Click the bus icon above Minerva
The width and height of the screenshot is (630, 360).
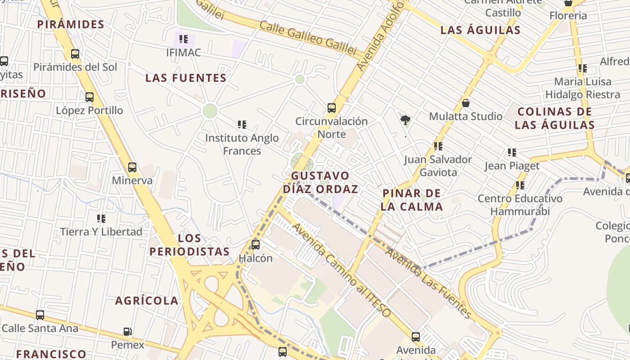pyautogui.click(x=132, y=167)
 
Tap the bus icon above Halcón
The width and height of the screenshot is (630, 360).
pyautogui.click(x=256, y=245)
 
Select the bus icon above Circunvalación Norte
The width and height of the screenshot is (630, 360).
pyautogui.click(x=332, y=108)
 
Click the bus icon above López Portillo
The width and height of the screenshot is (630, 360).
pyautogui.click(x=90, y=97)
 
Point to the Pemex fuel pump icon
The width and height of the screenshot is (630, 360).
pyautogui.click(x=128, y=332)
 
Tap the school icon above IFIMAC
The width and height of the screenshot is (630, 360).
pyautogui.click(x=183, y=39)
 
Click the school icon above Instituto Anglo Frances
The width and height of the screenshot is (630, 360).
pyautogui.click(x=242, y=124)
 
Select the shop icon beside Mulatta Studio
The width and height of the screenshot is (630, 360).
pyautogui.click(x=466, y=103)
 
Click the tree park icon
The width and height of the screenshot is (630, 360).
pyautogui.click(x=405, y=120)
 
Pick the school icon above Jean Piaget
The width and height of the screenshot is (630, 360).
pyautogui.click(x=512, y=153)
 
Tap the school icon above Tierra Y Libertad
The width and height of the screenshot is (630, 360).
pyautogui.click(x=101, y=219)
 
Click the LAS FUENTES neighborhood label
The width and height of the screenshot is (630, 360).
pyautogui.click(x=186, y=78)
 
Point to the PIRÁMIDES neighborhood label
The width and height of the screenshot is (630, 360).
pyautogui.click(x=71, y=24)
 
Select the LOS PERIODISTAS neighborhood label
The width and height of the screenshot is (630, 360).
pyautogui.click(x=189, y=245)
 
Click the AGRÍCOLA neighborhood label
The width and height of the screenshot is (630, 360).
pyautogui.click(x=147, y=301)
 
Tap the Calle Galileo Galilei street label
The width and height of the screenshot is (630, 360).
pyautogui.click(x=308, y=39)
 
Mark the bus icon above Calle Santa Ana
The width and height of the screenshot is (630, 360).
pyautogui.click(x=40, y=315)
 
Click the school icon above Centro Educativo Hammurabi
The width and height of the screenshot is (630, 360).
pyautogui.click(x=520, y=185)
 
